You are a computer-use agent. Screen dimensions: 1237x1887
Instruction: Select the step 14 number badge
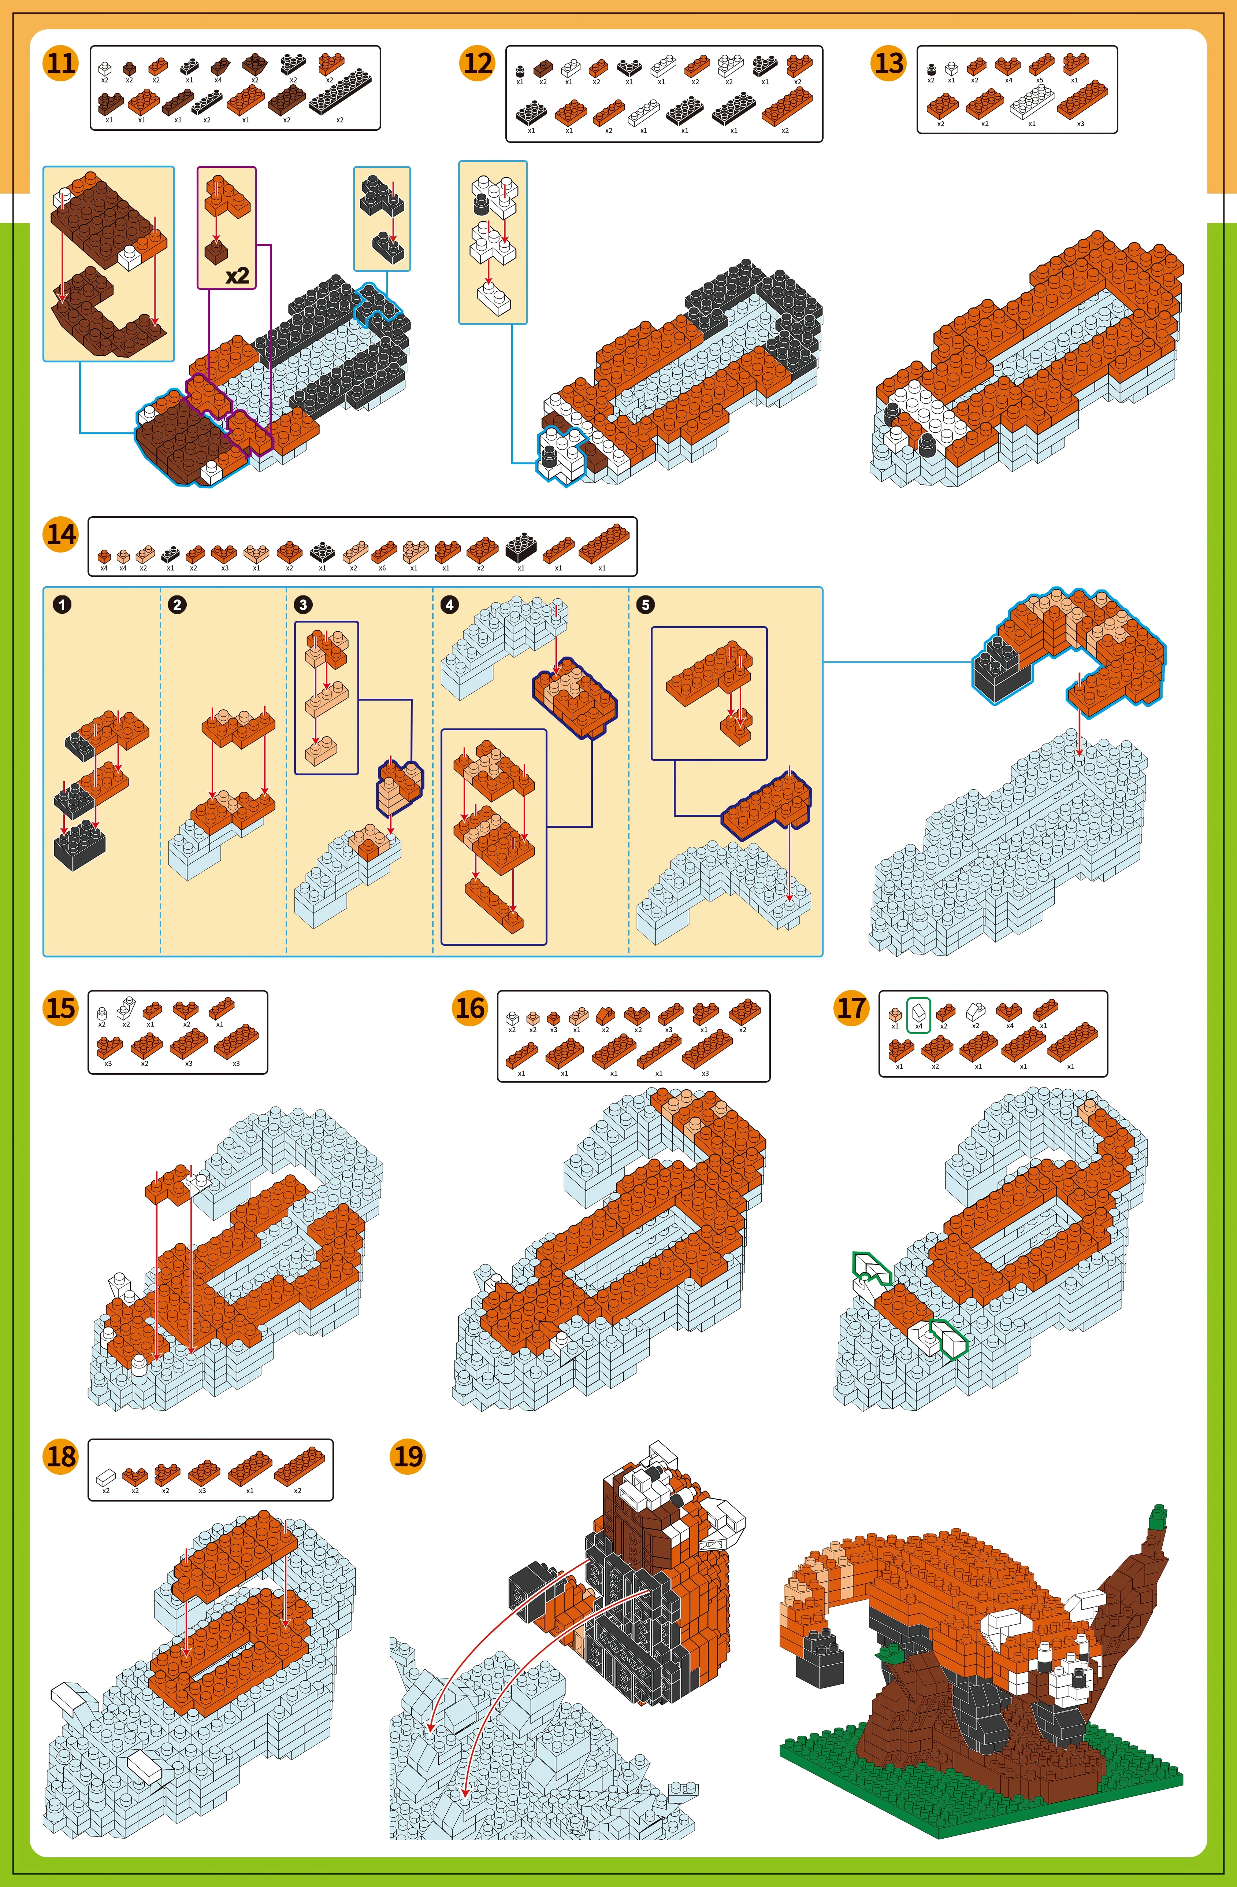pyautogui.click(x=61, y=534)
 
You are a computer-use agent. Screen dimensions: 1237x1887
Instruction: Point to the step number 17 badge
pyautogui.click(x=852, y=1008)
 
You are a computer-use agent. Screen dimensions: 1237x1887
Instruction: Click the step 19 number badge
pyautogui.click(x=408, y=1456)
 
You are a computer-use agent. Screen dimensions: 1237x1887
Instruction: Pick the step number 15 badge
pyautogui.click(x=61, y=1008)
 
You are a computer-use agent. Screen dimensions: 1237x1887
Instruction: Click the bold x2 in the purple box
pyautogui.click(x=237, y=275)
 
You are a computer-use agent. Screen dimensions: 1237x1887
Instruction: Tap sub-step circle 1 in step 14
pyautogui.click(x=62, y=604)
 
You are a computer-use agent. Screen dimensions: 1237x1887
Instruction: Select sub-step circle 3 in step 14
pyautogui.click(x=303, y=604)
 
